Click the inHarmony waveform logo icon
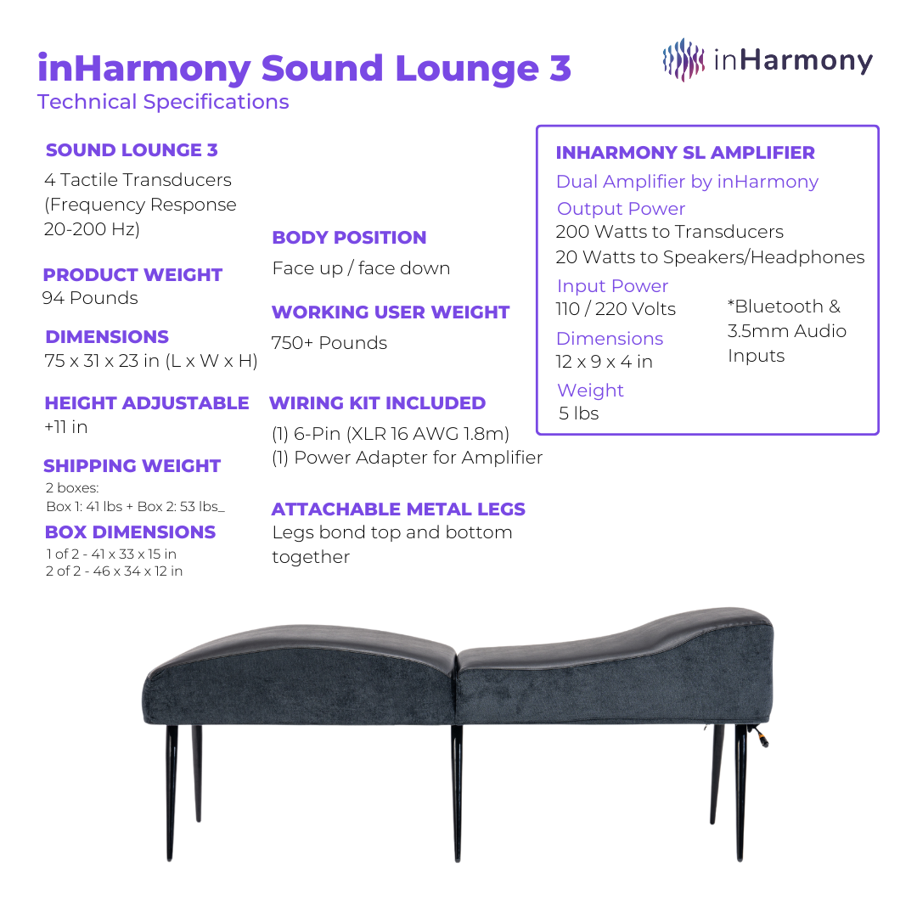click(684, 59)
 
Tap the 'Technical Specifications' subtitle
click(163, 102)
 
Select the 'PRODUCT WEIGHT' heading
click(132, 275)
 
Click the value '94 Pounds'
click(90, 298)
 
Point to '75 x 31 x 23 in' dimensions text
click(151, 361)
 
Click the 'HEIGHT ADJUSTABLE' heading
click(147, 403)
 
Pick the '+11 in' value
click(66, 427)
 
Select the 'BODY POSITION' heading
click(349, 238)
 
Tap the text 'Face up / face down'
click(361, 268)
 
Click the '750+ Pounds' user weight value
click(329, 343)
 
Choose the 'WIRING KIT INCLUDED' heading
click(378, 403)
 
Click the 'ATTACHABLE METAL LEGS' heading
click(398, 509)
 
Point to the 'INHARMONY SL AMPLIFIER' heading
click(685, 153)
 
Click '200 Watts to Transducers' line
click(670, 232)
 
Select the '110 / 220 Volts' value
click(616, 309)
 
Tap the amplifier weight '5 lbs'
click(579, 413)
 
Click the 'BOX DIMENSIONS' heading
click(130, 532)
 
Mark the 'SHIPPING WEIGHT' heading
click(132, 466)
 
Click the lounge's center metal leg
click(457, 790)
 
